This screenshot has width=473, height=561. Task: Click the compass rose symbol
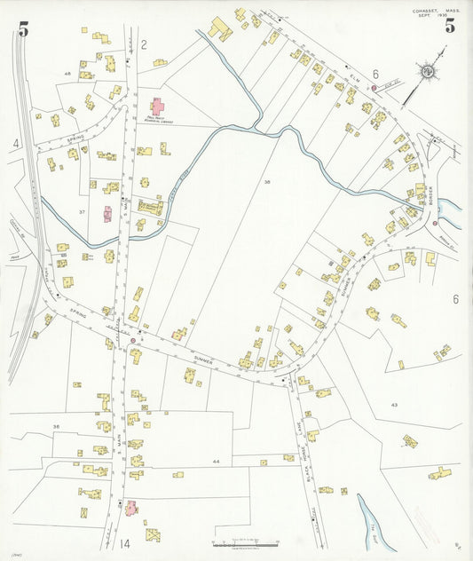tap(428, 71)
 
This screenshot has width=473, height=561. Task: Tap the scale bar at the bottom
tap(245, 542)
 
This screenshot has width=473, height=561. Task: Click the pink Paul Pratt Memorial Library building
tap(159, 108)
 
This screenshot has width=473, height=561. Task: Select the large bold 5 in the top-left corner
tap(22, 29)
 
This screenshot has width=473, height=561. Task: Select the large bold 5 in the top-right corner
tap(450, 26)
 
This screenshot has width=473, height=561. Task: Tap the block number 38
tap(265, 181)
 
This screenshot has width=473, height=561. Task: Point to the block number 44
tap(216, 462)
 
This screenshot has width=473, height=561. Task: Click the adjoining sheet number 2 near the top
tap(143, 43)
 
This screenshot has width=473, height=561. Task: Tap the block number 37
tap(82, 212)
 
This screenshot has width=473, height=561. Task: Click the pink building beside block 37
tap(107, 214)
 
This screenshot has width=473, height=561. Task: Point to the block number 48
tap(67, 73)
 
